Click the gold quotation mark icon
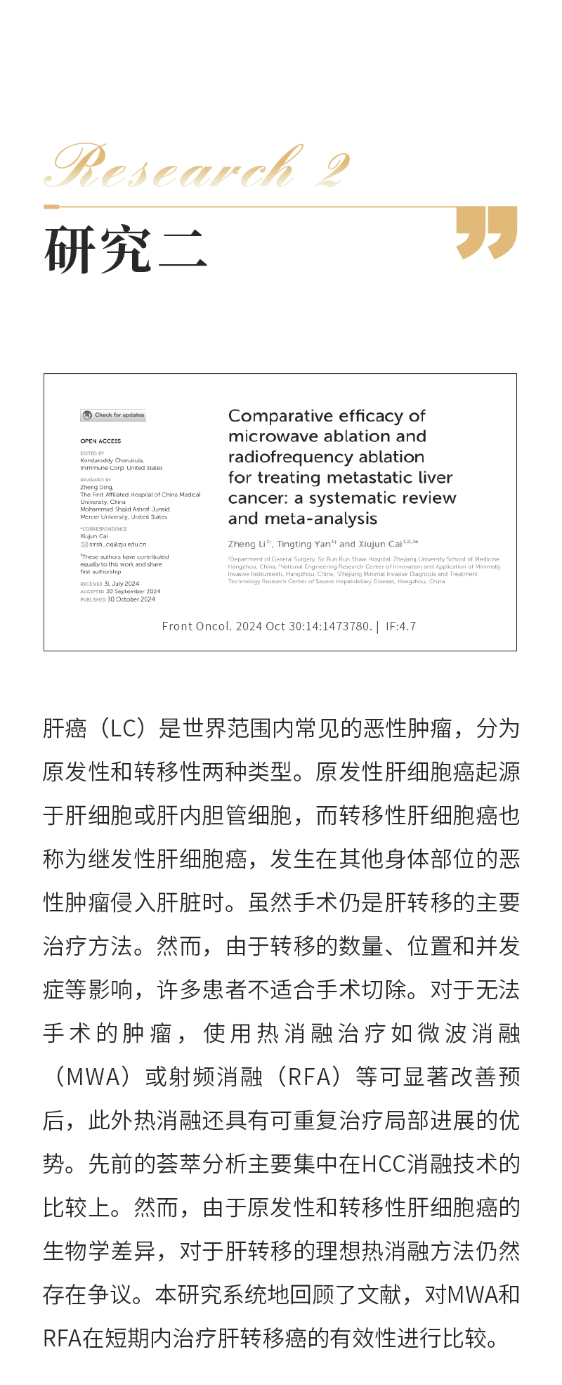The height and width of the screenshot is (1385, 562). coord(486,233)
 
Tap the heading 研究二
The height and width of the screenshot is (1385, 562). coord(126,250)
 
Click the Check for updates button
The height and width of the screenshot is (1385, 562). coord(113,415)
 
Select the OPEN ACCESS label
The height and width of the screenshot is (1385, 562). coord(100,441)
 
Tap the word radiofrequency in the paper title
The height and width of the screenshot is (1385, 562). coord(281,457)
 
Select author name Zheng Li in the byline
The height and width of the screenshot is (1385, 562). coord(247,544)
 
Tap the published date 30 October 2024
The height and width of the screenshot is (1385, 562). coord(131,599)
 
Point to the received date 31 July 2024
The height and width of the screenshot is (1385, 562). coord(122,584)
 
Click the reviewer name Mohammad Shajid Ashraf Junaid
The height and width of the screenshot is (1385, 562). coord(125,509)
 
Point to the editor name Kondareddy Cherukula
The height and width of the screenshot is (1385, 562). coord(112,461)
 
